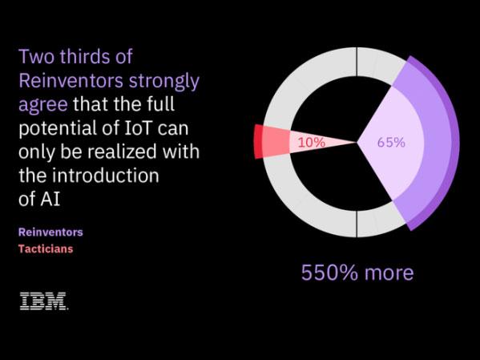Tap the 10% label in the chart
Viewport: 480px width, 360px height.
tap(311, 143)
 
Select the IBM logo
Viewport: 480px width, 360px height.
tap(43, 301)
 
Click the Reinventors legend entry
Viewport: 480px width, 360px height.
tap(50, 233)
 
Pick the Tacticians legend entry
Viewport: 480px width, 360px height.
tap(46, 249)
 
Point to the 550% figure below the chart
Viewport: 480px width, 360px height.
tap(328, 272)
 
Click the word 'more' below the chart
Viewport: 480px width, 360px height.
tap(387, 272)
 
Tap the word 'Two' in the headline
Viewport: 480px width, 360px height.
tap(35, 58)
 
